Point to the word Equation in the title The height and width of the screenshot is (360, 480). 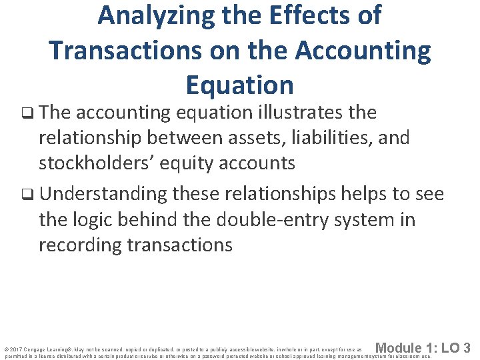[x=239, y=85]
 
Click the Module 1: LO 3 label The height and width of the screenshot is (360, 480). [x=423, y=347]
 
